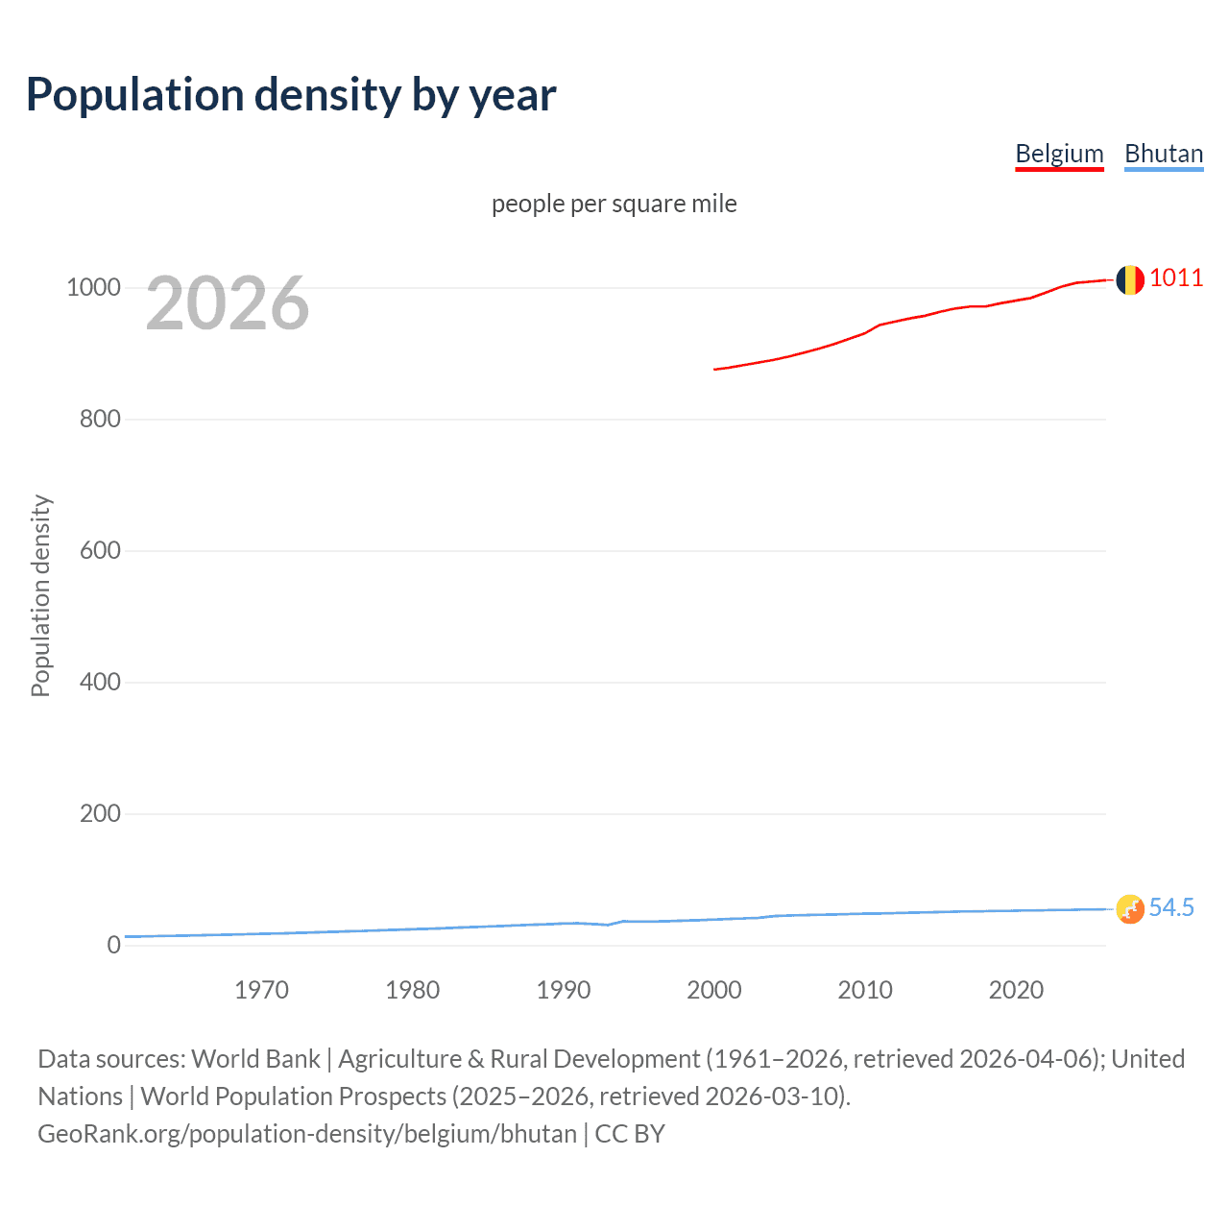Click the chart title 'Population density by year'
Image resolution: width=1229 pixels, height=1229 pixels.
tap(291, 95)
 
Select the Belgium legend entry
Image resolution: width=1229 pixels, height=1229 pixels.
tap(1059, 154)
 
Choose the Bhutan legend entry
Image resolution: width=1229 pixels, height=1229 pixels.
tap(1164, 154)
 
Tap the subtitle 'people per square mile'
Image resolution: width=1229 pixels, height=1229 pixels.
tap(614, 204)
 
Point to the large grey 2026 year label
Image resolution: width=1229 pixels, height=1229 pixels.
tap(228, 303)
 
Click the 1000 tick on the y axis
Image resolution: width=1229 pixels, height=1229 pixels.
tap(93, 287)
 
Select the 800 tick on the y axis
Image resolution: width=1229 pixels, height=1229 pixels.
tap(100, 419)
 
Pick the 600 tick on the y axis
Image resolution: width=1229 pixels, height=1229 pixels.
tap(100, 550)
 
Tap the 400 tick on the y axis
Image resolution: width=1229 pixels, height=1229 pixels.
tap(100, 682)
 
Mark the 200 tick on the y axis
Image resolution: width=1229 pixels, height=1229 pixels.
tap(100, 813)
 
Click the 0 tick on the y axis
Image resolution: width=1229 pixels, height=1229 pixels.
tap(114, 945)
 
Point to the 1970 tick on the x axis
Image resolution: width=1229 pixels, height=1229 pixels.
tap(261, 990)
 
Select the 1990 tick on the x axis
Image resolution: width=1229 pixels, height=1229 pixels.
tap(564, 990)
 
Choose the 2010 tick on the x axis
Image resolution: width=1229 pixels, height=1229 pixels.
tap(865, 990)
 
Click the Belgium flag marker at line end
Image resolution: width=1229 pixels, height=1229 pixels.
tap(1130, 279)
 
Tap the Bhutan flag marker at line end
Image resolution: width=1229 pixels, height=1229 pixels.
tap(1130, 908)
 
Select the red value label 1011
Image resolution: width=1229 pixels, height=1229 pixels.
tap(1176, 277)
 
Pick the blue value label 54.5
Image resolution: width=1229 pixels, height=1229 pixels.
tap(1171, 907)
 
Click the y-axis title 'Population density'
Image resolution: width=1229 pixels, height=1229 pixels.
tap(40, 595)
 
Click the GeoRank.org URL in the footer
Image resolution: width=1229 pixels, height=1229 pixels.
tap(307, 1134)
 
